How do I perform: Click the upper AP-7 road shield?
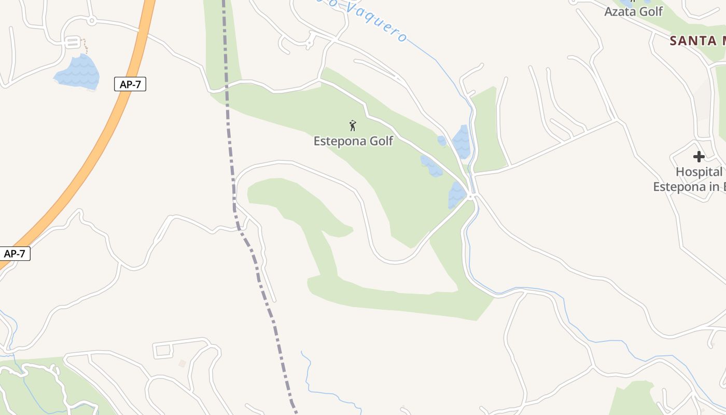(x=130, y=84)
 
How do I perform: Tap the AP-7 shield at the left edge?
(x=15, y=254)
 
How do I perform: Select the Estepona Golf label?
(x=353, y=141)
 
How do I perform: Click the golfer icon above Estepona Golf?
(x=353, y=125)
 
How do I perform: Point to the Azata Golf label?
(x=633, y=11)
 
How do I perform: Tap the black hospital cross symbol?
(x=699, y=156)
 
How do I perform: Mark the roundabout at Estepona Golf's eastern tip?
(x=471, y=196)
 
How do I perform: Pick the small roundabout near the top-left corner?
(x=91, y=21)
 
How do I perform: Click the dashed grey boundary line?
(x=228, y=130)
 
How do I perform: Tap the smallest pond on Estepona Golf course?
(x=441, y=141)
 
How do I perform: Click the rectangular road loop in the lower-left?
(x=163, y=350)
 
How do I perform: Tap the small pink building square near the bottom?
(x=181, y=364)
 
